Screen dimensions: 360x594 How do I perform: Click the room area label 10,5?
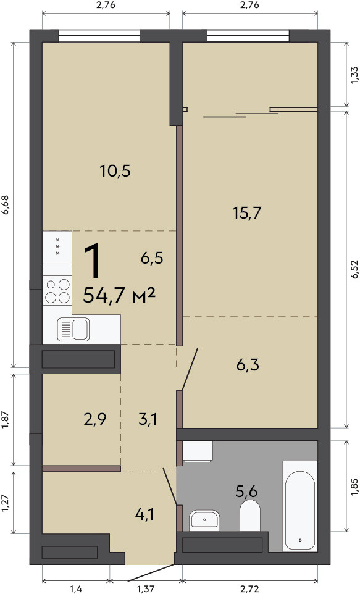(x=115, y=171)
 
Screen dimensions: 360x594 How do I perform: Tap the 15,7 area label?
(x=247, y=213)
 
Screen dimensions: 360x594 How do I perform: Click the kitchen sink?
(x=73, y=329)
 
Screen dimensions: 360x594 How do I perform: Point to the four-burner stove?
(x=57, y=291)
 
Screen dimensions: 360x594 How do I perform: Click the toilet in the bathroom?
(x=250, y=516)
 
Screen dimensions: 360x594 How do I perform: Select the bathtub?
(x=299, y=506)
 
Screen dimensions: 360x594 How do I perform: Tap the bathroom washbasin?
(x=204, y=519)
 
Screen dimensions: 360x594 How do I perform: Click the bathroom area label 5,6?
(x=246, y=492)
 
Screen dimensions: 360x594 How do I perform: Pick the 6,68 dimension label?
(x=6, y=205)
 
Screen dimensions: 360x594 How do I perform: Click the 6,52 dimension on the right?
(x=354, y=270)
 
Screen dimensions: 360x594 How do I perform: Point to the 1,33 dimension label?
(x=354, y=75)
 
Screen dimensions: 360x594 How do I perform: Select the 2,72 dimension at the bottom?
(x=249, y=588)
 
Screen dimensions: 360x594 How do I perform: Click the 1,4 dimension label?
(x=76, y=588)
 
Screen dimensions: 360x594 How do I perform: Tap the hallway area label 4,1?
(x=144, y=514)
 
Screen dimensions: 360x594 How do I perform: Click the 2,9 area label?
(x=95, y=419)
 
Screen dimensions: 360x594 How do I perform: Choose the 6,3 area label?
(x=248, y=365)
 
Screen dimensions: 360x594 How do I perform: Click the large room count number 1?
(x=93, y=261)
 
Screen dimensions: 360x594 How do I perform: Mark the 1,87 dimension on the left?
(x=6, y=420)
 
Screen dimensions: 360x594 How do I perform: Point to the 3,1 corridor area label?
(x=148, y=419)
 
